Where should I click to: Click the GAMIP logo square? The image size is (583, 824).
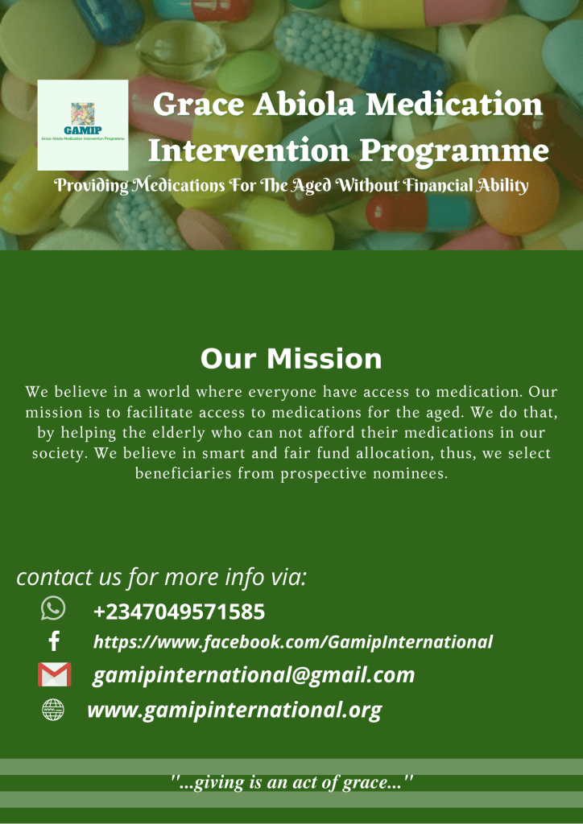point(82,125)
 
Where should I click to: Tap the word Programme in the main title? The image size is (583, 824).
point(454,150)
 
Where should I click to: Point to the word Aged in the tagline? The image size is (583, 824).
point(311,187)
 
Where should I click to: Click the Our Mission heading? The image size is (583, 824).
point(291,360)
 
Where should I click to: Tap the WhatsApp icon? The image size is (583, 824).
point(53,608)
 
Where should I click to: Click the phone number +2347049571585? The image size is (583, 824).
point(179,612)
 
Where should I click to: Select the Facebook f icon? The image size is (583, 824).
point(54,641)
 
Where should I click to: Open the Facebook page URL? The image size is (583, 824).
point(293,641)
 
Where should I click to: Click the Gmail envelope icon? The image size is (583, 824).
point(54,674)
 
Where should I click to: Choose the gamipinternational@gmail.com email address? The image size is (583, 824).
point(254,676)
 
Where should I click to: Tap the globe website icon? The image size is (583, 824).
point(53,710)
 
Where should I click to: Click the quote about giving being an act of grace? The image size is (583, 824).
point(291,783)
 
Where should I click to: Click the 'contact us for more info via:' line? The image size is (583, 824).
point(161,577)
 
